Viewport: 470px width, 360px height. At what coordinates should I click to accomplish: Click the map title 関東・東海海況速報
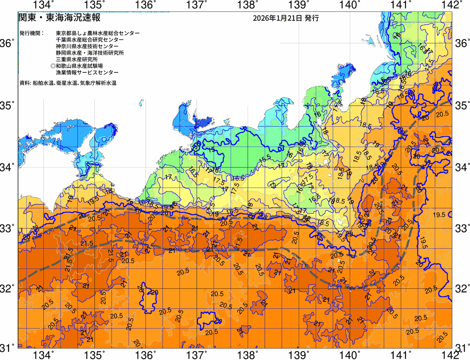click(59, 18)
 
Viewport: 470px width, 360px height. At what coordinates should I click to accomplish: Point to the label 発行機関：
click(31, 33)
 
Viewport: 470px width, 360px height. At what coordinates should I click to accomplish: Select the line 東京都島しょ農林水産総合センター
click(98, 33)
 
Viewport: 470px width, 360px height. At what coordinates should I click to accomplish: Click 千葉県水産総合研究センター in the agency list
click(90, 40)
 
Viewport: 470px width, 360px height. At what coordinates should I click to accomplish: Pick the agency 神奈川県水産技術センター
click(87, 46)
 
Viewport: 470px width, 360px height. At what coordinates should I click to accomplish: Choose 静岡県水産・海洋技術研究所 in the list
click(90, 53)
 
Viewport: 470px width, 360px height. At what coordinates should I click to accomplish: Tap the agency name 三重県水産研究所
click(77, 60)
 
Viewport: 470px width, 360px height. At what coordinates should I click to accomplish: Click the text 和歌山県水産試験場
click(79, 66)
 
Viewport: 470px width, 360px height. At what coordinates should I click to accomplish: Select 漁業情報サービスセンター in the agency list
click(87, 73)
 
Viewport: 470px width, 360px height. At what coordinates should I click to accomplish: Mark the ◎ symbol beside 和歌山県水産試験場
click(53, 66)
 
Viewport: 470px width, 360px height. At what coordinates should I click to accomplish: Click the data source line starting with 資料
click(68, 83)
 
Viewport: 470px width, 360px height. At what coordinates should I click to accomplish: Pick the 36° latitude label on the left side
click(8, 43)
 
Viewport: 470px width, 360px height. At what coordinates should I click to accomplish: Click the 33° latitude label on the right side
click(462, 228)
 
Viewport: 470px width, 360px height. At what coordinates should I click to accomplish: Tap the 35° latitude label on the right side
click(462, 106)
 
